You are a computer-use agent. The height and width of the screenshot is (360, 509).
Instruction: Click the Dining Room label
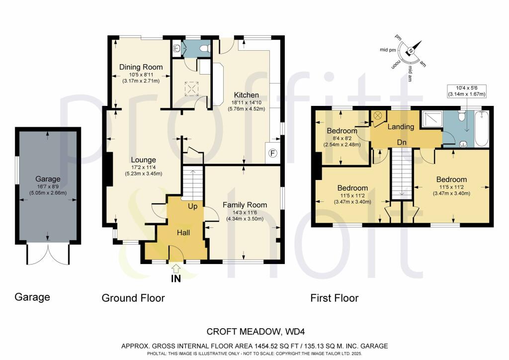coord(135,67)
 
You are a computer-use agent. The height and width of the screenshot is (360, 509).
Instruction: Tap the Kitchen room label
coord(246,95)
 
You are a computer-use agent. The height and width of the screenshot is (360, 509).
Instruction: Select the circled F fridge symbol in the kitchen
coord(272,153)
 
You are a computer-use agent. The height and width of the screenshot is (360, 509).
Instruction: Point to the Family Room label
coord(245,205)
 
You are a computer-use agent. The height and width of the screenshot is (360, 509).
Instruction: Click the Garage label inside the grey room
coord(48,179)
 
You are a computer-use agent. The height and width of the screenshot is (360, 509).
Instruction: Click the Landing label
coord(401,127)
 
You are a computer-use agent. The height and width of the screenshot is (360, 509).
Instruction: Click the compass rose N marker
coord(411,50)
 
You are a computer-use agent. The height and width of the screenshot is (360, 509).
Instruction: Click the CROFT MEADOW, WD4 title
coord(254,332)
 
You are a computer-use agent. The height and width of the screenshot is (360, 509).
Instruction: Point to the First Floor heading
coord(334,298)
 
